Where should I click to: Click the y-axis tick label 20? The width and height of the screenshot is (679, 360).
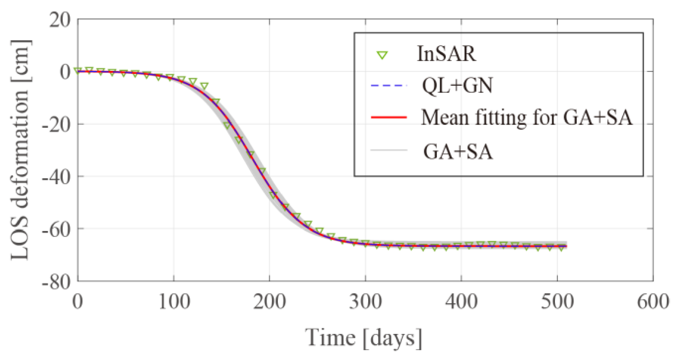tap(60, 20)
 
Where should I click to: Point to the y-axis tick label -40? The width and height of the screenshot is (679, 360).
tap(56, 178)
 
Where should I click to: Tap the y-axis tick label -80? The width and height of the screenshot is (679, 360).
tap(56, 282)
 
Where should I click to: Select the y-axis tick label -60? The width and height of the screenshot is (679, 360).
tap(56, 230)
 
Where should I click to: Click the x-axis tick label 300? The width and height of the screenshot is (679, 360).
tap(365, 302)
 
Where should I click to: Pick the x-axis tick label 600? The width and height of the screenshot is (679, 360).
tap(653, 302)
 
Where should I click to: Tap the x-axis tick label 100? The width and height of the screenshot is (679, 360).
tap(174, 302)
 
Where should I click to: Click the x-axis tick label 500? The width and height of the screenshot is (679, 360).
tap(557, 302)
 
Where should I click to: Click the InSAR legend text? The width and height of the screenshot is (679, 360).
tap(446, 54)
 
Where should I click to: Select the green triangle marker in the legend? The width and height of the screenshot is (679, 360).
tap(382, 55)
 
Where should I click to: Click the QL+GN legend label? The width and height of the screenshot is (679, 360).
tap(457, 86)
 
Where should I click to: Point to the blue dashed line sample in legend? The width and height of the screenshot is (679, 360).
tap(389, 86)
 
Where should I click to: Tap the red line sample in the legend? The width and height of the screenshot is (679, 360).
tap(389, 117)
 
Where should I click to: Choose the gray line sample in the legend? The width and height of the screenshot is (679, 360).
tap(389, 150)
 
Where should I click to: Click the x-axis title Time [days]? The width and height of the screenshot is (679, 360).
tap(363, 338)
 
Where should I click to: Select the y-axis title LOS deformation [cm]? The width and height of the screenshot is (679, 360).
tap(20, 150)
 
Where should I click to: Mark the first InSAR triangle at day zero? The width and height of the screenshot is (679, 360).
tap(78, 71)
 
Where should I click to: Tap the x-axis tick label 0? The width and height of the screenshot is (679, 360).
tap(78, 302)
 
